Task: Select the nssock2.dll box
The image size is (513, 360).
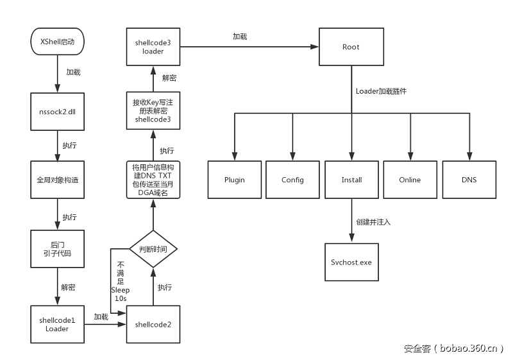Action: point(58,110)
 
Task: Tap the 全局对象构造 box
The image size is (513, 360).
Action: point(58,180)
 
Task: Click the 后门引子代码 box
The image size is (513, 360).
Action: point(58,248)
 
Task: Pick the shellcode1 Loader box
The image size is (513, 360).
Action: point(58,324)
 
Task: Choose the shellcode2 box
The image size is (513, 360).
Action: point(153,324)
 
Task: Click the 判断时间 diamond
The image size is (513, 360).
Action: point(153,249)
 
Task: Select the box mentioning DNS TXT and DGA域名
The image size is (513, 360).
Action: point(153,180)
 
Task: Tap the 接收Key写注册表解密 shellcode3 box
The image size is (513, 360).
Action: point(153,110)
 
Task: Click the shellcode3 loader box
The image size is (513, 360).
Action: point(153,47)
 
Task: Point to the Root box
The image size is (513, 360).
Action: point(351,47)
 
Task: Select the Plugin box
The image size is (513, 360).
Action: point(235,180)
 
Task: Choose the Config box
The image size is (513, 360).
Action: point(292,180)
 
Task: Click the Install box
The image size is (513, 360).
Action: point(351,180)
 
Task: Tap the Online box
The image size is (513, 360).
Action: point(410,180)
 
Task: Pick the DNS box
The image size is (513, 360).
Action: point(469,180)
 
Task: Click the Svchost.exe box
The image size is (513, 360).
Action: point(351,262)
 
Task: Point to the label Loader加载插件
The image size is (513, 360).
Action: point(381,91)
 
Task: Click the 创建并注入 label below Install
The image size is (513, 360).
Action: point(373,221)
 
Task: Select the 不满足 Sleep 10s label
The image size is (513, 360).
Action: point(120,281)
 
